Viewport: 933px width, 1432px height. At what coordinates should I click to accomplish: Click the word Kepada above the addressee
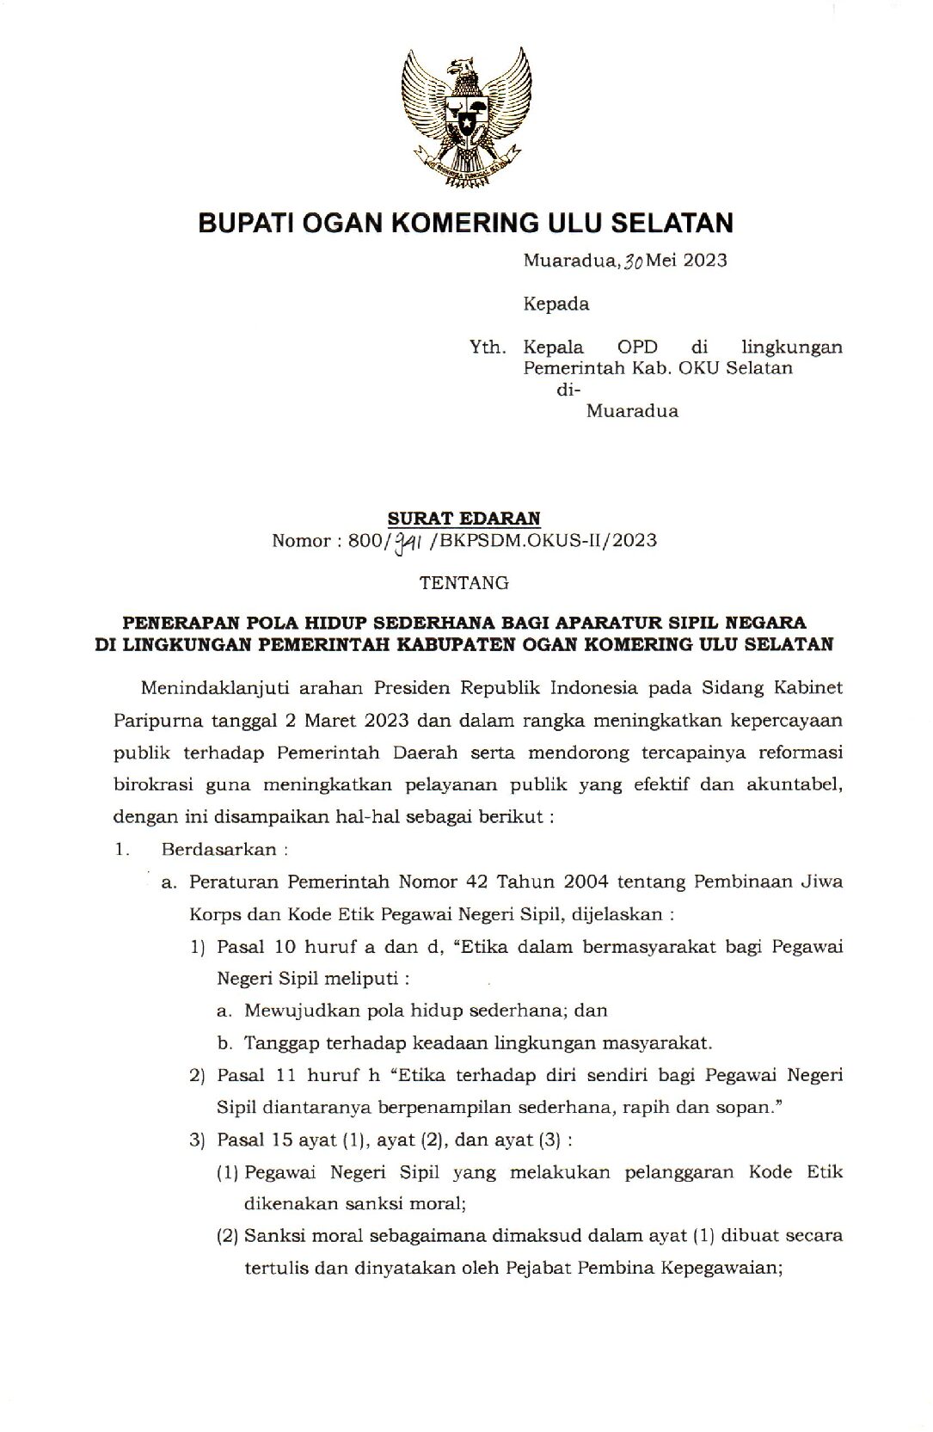pyautogui.click(x=556, y=304)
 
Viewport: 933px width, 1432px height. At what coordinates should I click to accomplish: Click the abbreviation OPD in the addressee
pyautogui.click(x=637, y=347)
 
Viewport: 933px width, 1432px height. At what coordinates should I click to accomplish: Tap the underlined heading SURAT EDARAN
pyautogui.click(x=464, y=518)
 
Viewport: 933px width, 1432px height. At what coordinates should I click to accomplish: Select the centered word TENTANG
pyautogui.click(x=464, y=583)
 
